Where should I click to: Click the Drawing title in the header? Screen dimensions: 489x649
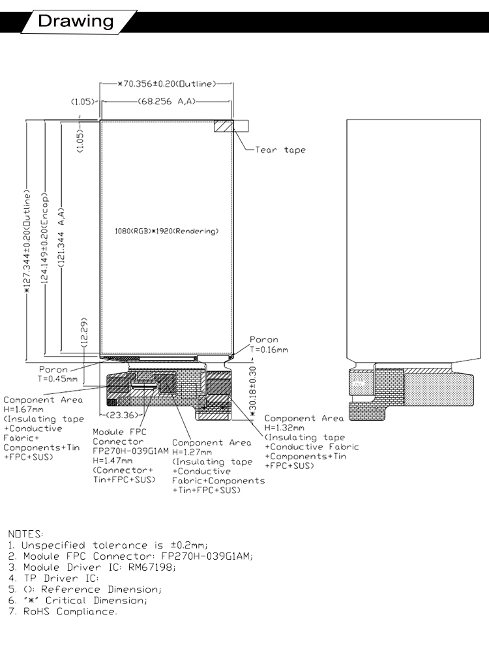point(76,21)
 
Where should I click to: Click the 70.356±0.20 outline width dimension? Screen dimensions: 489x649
point(167,84)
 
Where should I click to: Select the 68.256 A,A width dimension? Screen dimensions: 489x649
point(166,101)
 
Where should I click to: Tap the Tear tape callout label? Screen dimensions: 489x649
point(280,150)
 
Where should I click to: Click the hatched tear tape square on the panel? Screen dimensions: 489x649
point(224,126)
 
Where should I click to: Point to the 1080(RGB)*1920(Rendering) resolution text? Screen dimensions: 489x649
point(166,231)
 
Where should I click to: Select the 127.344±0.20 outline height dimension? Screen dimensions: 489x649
point(27,242)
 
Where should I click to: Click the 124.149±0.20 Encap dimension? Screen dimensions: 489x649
point(44,238)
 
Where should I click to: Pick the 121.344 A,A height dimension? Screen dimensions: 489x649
point(61,237)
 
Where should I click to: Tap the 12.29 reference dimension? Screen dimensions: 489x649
point(84,333)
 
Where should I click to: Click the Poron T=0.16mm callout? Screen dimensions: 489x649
point(269,344)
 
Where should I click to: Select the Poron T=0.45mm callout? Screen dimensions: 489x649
point(57,374)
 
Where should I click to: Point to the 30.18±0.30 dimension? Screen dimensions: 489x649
point(253,389)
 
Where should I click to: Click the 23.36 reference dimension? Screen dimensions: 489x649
point(123,415)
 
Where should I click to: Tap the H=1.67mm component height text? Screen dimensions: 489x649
point(23,410)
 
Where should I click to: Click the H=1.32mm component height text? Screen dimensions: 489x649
point(284,428)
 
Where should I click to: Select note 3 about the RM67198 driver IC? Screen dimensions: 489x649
point(92,567)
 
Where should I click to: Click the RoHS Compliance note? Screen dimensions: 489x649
point(63,611)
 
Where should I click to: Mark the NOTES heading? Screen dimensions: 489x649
point(25,534)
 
